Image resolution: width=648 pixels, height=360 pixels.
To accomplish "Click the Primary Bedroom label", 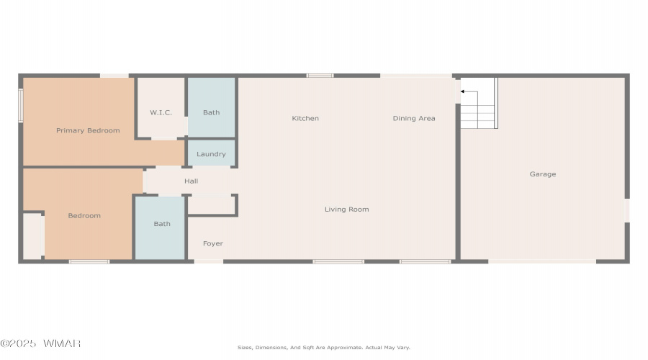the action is (x=88, y=130).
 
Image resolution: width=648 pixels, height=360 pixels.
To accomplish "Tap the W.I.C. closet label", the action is (x=161, y=112).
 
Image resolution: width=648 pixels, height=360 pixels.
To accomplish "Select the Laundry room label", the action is (x=211, y=154).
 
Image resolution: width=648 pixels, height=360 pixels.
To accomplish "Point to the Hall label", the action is (x=191, y=181).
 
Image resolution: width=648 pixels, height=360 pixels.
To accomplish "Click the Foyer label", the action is (x=213, y=243).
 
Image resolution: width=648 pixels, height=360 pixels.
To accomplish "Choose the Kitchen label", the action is (x=305, y=118).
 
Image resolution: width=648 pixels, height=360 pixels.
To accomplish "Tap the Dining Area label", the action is (x=414, y=118).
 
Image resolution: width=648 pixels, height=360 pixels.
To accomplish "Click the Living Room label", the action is (x=347, y=210).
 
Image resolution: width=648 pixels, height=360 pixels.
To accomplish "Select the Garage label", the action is (x=543, y=174).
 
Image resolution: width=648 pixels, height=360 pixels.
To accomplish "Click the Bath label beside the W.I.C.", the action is (x=211, y=112).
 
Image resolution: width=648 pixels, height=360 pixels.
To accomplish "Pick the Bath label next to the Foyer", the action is (x=162, y=224).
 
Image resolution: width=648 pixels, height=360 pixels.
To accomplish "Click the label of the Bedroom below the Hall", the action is (x=84, y=216).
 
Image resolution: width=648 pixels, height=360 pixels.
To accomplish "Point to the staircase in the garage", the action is (x=479, y=104).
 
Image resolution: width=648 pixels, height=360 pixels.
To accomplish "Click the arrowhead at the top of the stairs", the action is (x=462, y=91).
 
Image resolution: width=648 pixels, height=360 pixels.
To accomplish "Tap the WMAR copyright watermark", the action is (x=40, y=343).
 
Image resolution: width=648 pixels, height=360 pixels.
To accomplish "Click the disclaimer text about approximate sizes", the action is (x=324, y=348).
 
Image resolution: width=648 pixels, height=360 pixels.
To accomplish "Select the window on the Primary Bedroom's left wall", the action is (x=21, y=106).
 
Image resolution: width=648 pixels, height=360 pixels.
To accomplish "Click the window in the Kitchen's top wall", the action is (x=320, y=76).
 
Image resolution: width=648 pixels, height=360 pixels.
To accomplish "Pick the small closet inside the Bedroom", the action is (x=32, y=236).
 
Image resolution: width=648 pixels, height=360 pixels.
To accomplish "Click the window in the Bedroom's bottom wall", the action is (x=89, y=261).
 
